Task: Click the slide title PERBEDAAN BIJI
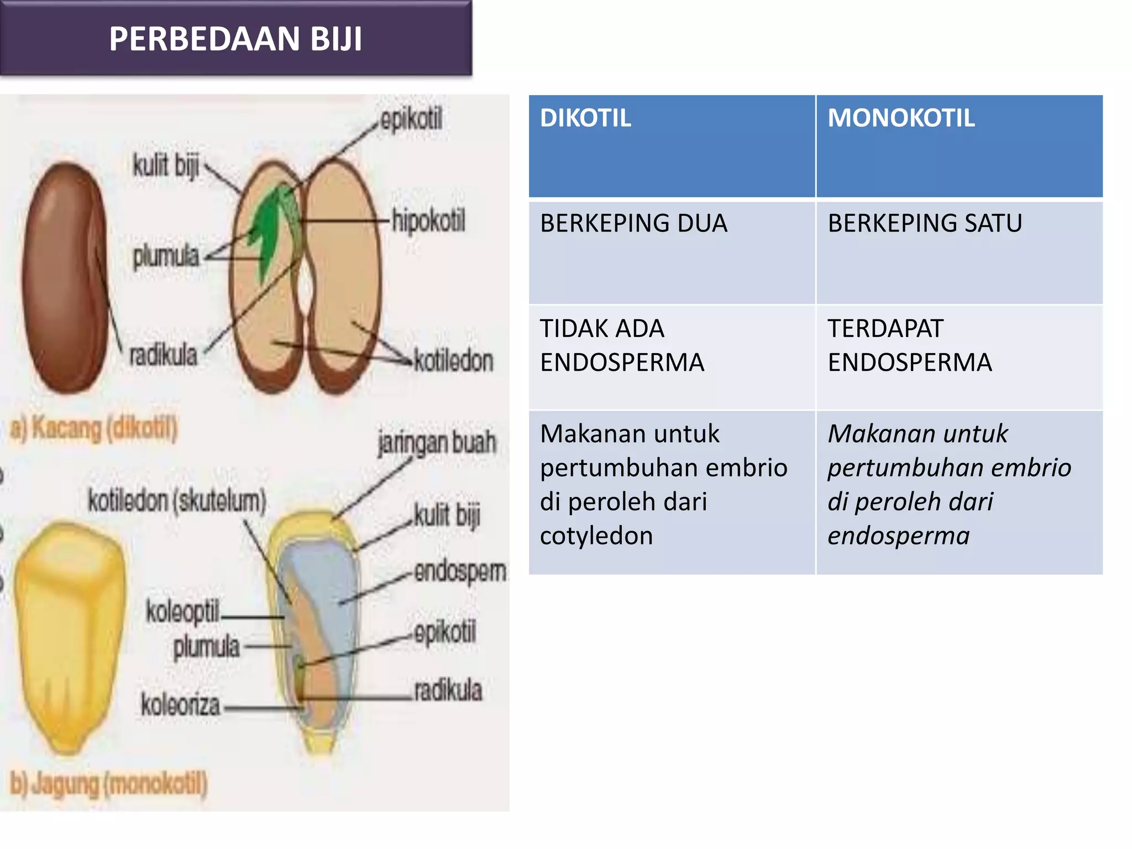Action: click(235, 39)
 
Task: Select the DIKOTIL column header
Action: click(585, 118)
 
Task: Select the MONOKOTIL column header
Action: click(901, 118)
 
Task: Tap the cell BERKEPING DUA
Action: click(633, 223)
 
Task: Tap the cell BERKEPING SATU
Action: click(925, 223)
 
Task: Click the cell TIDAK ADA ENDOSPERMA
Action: click(622, 345)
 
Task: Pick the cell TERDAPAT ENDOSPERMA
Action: click(909, 345)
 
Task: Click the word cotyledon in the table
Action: click(596, 536)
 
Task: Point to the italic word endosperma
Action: click(898, 536)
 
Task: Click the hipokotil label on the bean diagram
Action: click(428, 221)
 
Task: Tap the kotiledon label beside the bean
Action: click(453, 360)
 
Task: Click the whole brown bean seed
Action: click(66, 276)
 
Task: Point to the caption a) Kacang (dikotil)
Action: click(94, 429)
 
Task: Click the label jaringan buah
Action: click(437, 443)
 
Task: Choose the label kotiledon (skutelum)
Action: click(177, 501)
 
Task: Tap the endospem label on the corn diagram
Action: click(460, 572)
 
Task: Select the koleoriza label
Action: click(180, 705)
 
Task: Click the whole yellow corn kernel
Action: click(69, 636)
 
